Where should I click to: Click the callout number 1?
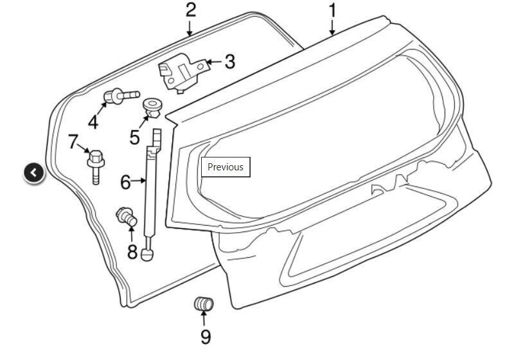333,10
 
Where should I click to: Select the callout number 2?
191,10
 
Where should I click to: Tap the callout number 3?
230,62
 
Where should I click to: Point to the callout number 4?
93,122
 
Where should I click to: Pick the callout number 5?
134,137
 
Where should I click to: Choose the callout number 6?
125,182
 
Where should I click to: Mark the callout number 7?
73,141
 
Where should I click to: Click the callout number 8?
132,251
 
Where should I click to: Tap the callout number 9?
206,337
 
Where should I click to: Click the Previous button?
226,167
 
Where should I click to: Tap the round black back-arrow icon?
33,172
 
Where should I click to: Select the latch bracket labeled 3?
183,73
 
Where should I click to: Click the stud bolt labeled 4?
121,96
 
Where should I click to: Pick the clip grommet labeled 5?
153,108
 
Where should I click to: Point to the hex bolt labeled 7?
96,166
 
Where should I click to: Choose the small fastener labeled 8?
127,217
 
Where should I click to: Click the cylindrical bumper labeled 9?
204,303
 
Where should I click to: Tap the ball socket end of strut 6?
147,255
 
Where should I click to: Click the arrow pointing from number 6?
139,181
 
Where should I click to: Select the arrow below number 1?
332,28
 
